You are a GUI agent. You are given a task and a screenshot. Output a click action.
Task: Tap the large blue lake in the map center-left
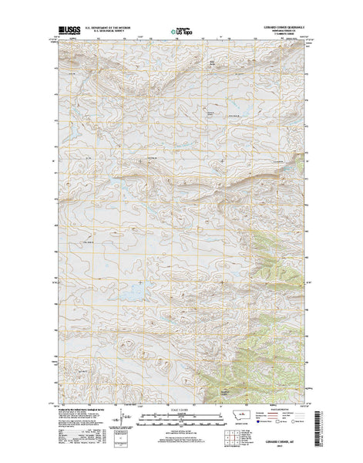[x=132, y=292]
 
